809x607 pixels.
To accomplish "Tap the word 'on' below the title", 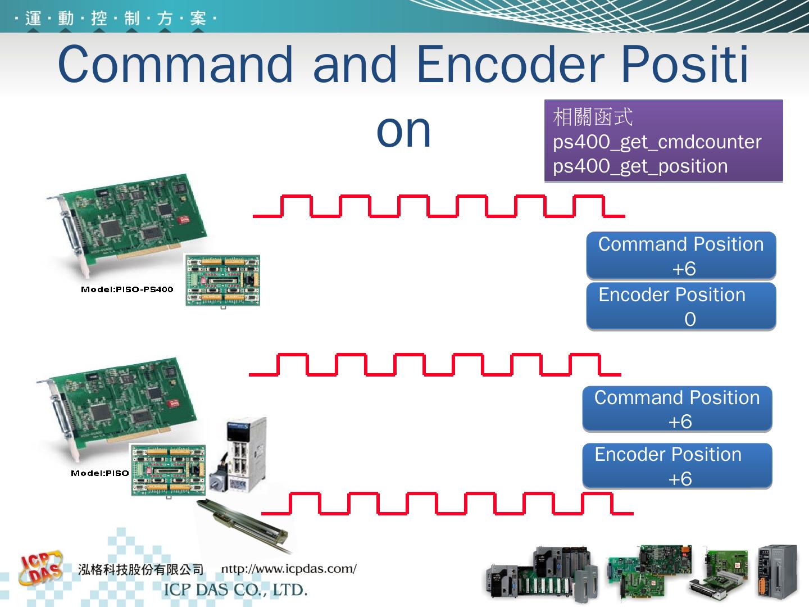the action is (403, 132).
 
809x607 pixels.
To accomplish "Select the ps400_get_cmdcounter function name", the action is (657, 142).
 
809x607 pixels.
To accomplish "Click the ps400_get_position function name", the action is (640, 166).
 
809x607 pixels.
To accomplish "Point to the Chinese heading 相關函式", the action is (593, 117).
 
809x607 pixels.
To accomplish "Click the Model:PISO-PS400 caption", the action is (127, 289).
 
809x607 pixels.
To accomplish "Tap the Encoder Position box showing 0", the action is (681, 306).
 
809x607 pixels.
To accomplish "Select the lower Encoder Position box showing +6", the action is (677, 466).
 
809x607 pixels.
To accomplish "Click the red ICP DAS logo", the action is (41, 568).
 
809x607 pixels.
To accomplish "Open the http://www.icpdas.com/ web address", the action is (289, 569).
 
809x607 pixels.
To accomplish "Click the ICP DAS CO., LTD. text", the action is (235, 590).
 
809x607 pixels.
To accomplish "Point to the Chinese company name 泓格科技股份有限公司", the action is (141, 570).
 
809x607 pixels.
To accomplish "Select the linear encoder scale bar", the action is (243, 525).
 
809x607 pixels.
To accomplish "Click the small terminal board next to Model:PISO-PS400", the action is (222, 280).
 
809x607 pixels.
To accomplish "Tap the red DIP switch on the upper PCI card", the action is (183, 220).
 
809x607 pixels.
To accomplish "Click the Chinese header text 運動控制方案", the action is (115, 18).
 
